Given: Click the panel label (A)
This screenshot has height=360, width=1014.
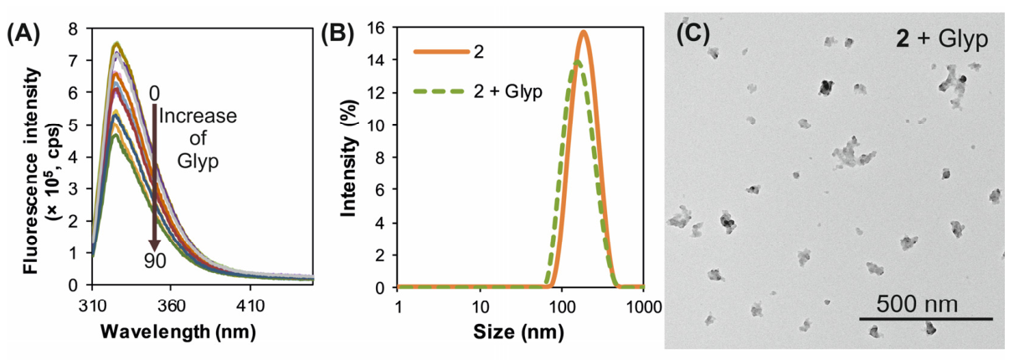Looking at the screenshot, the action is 23,34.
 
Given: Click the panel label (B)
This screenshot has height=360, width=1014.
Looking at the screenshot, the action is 337,34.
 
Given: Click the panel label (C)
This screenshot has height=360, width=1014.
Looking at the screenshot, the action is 693,34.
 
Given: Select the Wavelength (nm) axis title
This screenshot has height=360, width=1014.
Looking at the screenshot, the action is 178,332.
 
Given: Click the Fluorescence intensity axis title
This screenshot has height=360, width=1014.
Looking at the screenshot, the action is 31,171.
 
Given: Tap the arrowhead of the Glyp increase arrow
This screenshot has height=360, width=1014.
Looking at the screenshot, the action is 155,244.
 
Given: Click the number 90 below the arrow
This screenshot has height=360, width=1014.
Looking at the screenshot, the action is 155,261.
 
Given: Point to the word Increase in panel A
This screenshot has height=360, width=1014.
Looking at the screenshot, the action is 198,116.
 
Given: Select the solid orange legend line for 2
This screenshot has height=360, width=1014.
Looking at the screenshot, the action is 441,52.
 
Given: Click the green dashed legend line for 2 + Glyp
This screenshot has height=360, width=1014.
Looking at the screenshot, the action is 439,91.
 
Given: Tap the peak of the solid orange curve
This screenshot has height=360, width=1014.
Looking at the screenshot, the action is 584,31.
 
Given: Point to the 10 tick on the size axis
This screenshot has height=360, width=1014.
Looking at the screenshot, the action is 481,307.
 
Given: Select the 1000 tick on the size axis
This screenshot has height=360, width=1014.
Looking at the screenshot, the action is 643,307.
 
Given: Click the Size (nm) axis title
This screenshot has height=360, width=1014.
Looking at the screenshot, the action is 519,332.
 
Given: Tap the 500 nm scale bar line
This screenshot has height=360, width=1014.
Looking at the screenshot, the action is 926,319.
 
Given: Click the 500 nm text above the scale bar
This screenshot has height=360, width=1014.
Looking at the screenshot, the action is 917,304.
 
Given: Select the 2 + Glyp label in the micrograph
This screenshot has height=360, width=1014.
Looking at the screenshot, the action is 941,39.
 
